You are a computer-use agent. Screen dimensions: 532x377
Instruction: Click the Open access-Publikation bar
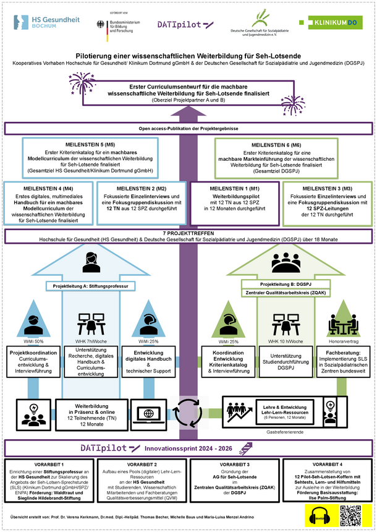pos(188,128)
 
